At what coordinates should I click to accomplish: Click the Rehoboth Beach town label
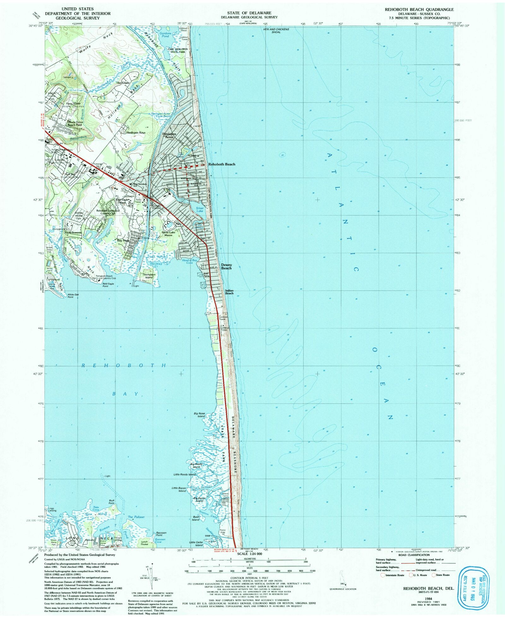222,164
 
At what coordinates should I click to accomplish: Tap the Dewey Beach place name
226,266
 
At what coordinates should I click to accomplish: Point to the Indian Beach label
229,292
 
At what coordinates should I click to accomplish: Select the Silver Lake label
200,209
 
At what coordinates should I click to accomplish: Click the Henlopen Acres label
169,135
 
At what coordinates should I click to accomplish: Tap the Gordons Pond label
165,35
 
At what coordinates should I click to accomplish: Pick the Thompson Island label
149,276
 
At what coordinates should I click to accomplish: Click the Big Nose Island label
199,414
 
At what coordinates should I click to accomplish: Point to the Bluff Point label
111,502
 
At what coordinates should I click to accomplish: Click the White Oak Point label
73,296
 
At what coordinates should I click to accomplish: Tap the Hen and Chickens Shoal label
276,31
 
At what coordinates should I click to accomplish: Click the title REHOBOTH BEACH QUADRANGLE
419,9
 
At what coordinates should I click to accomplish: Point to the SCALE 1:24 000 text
249,554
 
